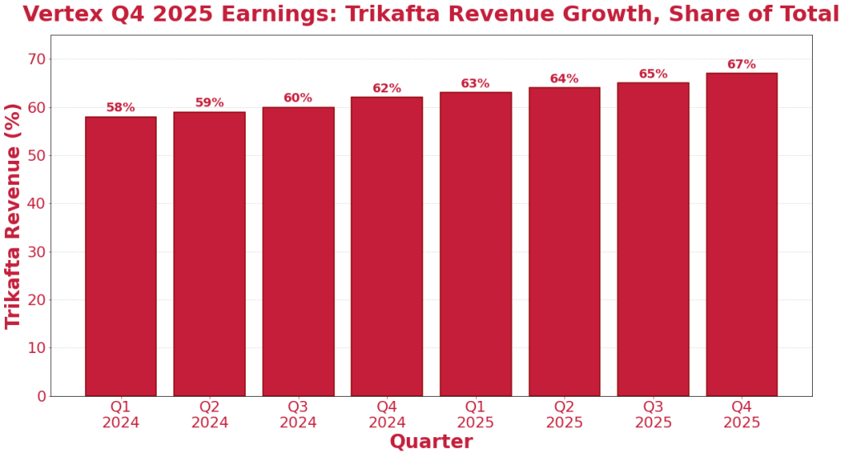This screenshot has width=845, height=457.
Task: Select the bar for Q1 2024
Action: point(120,256)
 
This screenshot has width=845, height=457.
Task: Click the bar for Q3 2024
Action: point(298,252)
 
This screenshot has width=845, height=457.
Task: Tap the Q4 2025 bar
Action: point(741,234)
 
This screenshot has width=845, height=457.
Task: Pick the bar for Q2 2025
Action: point(564,242)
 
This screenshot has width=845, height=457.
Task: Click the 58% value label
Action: point(120,108)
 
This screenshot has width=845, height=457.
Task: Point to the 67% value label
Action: point(741,65)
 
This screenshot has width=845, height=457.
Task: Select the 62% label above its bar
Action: point(386,89)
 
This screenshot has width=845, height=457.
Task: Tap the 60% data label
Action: point(298,98)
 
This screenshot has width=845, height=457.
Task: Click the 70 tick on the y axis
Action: point(35,59)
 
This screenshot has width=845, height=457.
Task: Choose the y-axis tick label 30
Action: point(35,252)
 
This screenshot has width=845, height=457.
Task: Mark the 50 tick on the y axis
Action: point(35,156)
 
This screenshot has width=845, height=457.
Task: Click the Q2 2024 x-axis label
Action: point(210,415)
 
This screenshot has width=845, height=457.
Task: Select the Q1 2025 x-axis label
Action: point(475,415)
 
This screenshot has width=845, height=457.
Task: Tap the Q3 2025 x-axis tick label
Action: point(653,415)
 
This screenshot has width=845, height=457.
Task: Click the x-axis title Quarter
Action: point(431,442)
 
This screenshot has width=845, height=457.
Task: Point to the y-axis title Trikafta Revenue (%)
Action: point(13,215)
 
